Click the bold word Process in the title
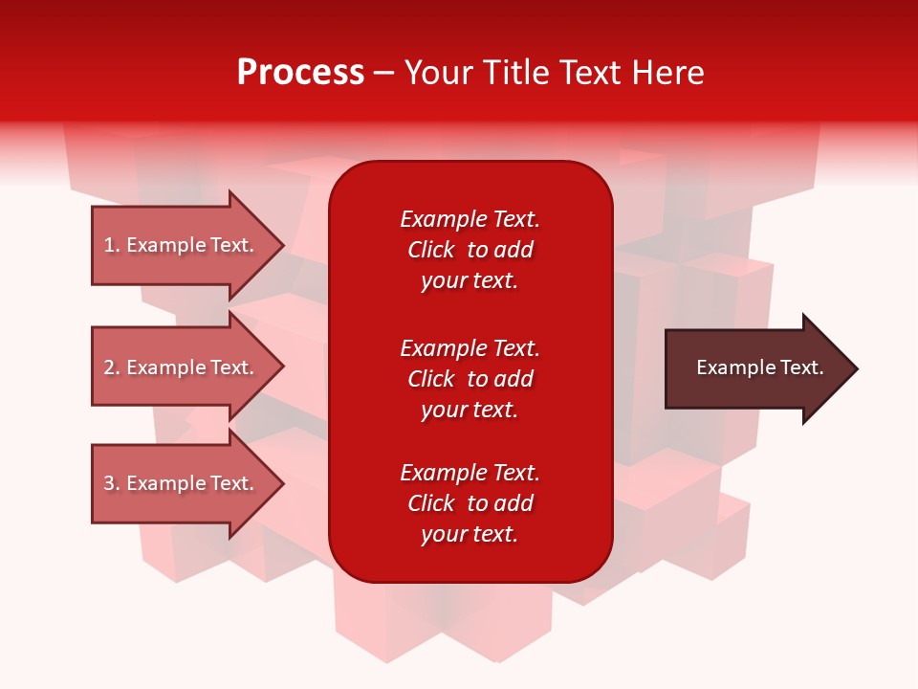pyautogui.click(x=300, y=73)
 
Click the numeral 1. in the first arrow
pyautogui.click(x=111, y=245)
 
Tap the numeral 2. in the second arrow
pyautogui.click(x=111, y=367)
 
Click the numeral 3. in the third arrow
pyautogui.click(x=111, y=483)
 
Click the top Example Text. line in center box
pyautogui.click(x=470, y=219)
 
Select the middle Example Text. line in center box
pyautogui.click(x=470, y=347)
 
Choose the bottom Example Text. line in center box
pyautogui.click(x=470, y=473)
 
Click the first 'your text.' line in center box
pyautogui.click(x=470, y=281)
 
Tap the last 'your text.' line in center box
pyautogui.click(x=470, y=535)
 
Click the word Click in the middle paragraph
pyautogui.click(x=430, y=379)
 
